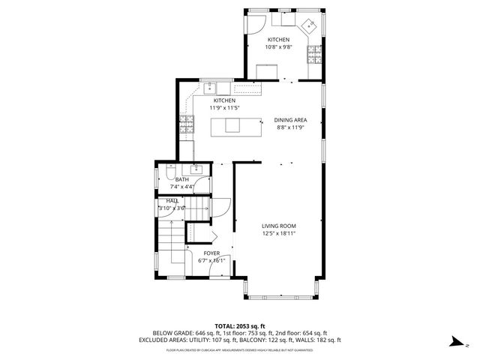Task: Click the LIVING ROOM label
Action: pyautogui.click(x=278, y=226)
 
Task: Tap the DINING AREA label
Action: pyautogui.click(x=289, y=119)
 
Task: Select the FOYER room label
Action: pyautogui.click(x=212, y=253)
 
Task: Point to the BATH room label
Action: pyautogui.click(x=182, y=179)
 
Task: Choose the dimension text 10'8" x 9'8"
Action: pyautogui.click(x=277, y=47)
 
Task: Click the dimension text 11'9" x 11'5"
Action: pyautogui.click(x=224, y=108)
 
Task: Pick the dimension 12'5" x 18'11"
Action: pyautogui.click(x=278, y=233)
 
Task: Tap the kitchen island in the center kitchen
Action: pyautogui.click(x=228, y=126)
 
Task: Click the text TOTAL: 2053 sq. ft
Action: pyautogui.click(x=240, y=325)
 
